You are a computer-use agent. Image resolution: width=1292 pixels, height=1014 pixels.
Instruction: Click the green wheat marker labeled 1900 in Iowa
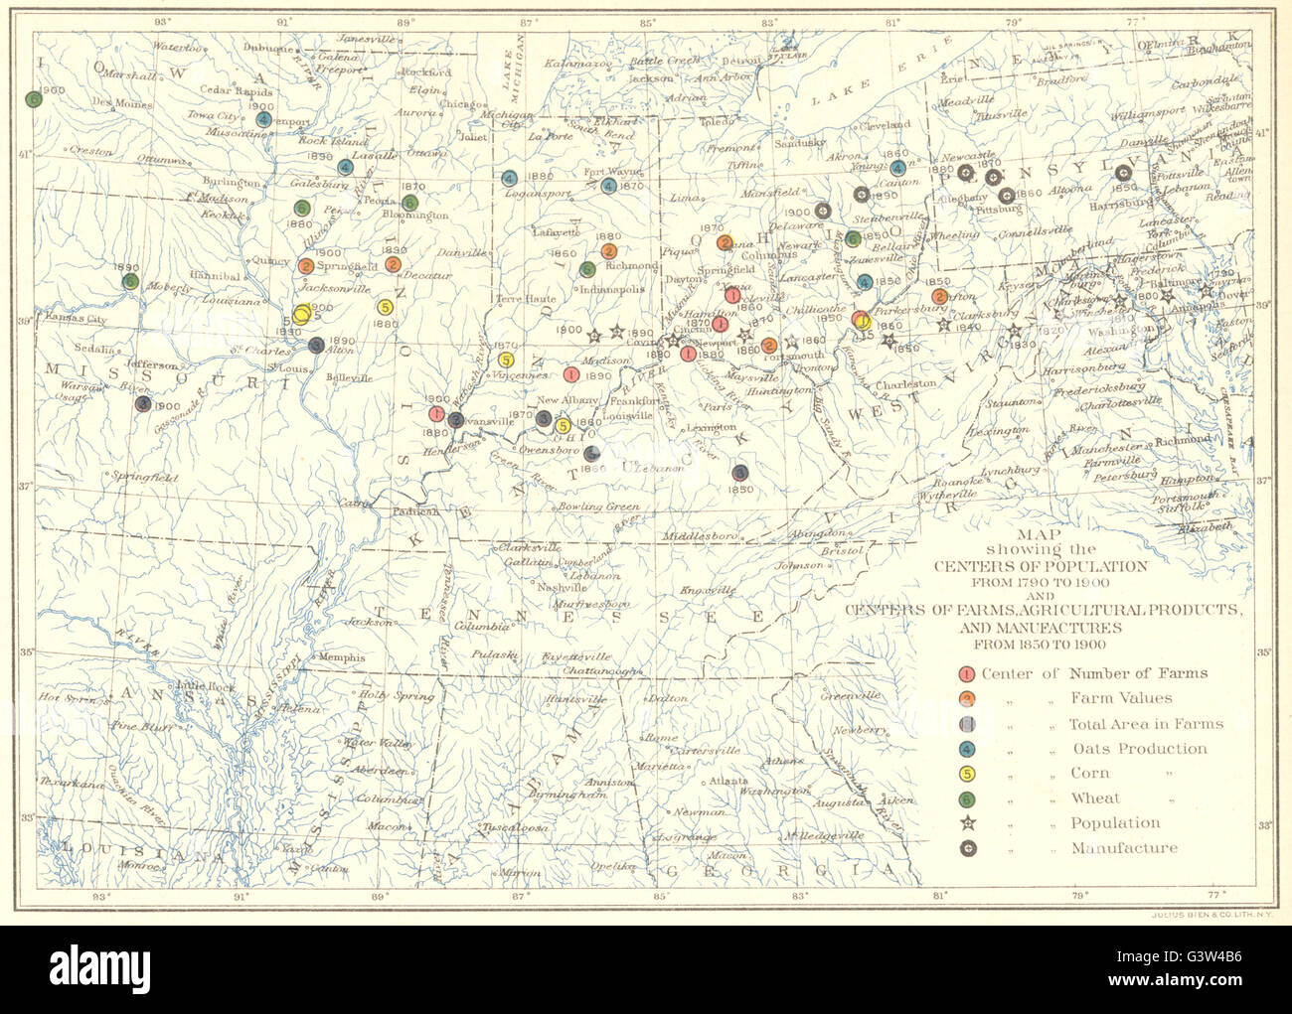(35, 99)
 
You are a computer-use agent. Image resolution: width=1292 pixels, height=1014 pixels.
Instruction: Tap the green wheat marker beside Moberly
(130, 281)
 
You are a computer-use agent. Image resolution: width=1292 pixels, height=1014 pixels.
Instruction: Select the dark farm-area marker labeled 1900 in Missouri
(143, 404)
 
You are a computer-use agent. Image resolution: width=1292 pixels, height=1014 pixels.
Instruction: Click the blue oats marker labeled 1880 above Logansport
(509, 179)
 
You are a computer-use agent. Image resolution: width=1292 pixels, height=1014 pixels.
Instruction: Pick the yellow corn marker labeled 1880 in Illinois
(385, 307)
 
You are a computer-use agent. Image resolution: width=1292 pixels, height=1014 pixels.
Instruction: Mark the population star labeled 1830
(1015, 332)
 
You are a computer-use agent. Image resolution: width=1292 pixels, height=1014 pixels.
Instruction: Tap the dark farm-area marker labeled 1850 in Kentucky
(739, 473)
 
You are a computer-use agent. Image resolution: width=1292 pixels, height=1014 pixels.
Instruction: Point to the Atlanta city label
(729, 782)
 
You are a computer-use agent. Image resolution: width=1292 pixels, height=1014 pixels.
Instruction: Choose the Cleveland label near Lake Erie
(886, 126)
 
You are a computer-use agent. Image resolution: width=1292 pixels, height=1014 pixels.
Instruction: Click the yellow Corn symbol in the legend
(968, 774)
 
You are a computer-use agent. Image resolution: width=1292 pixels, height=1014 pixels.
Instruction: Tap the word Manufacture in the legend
(1124, 848)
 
